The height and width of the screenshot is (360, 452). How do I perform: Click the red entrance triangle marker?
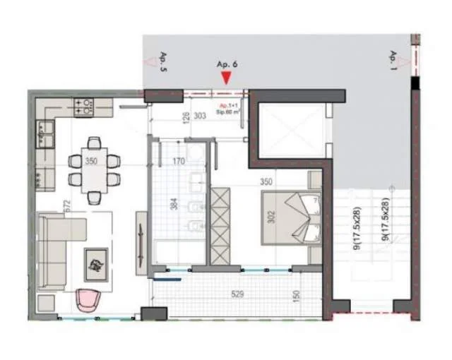coord(225,80)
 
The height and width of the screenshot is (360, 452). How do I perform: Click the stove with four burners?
coord(83,107)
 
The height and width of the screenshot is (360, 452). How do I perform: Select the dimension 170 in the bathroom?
coord(179,162)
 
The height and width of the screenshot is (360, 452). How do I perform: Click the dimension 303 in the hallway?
coord(200,117)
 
